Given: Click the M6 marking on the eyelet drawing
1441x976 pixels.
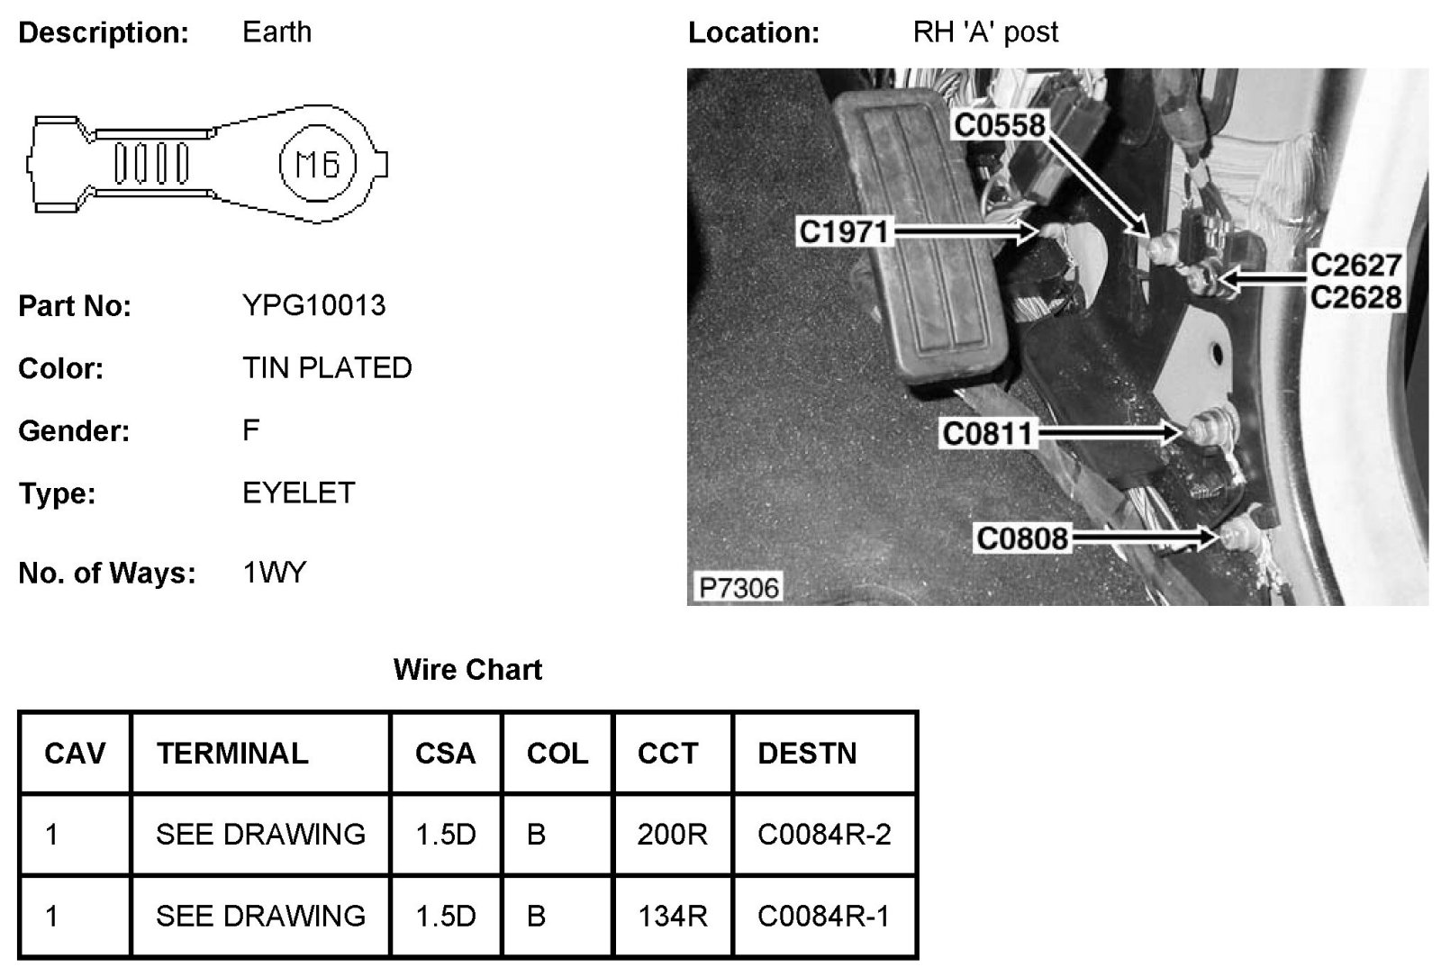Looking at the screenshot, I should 318,164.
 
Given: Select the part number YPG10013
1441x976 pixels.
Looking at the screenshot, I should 313,305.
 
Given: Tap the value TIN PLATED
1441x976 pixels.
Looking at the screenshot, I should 327,367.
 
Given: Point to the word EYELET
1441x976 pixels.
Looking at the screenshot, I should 299,493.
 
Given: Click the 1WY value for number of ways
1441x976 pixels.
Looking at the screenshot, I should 275,573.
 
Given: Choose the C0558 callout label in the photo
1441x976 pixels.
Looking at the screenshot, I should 999,125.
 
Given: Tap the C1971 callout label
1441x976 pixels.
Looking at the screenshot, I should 844,232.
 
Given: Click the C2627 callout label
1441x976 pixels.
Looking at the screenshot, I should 1355,265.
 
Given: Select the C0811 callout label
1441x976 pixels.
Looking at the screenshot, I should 987,434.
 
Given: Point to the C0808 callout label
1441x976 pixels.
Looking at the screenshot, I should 1022,538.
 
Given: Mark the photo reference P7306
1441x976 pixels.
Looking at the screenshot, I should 739,588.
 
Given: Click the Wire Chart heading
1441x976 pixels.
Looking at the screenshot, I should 467,670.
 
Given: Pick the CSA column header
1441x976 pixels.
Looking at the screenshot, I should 445,753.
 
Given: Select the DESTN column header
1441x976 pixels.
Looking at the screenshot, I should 807,753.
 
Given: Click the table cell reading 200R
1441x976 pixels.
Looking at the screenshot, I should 672,835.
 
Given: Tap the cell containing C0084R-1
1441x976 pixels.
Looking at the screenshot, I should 823,916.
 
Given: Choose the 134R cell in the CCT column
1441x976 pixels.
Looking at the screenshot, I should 672,916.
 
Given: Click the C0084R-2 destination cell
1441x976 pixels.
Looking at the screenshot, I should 824,835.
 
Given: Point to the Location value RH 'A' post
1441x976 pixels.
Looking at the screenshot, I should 985,32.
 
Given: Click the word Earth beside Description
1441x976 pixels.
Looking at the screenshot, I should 276,32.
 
